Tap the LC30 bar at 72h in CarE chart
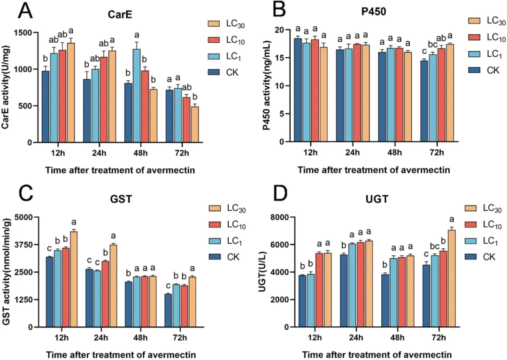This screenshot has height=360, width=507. point(195,124)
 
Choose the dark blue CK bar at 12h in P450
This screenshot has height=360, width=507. point(298,90)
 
